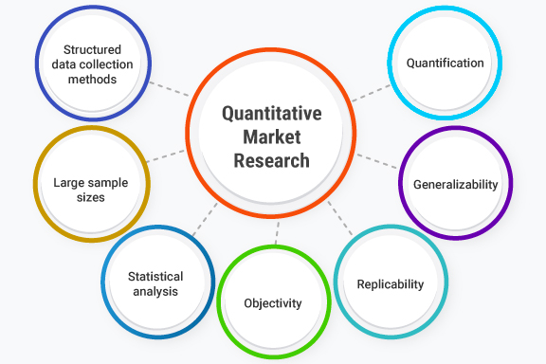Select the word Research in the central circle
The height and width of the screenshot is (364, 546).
[x=271, y=160]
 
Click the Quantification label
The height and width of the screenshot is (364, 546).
[x=445, y=64]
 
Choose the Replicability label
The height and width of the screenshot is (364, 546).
[x=390, y=283]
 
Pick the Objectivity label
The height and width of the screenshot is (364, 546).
[x=272, y=303]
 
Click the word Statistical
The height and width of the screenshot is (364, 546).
[x=155, y=276]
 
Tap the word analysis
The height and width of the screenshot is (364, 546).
[x=155, y=292]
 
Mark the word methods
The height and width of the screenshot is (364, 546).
[x=92, y=80]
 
